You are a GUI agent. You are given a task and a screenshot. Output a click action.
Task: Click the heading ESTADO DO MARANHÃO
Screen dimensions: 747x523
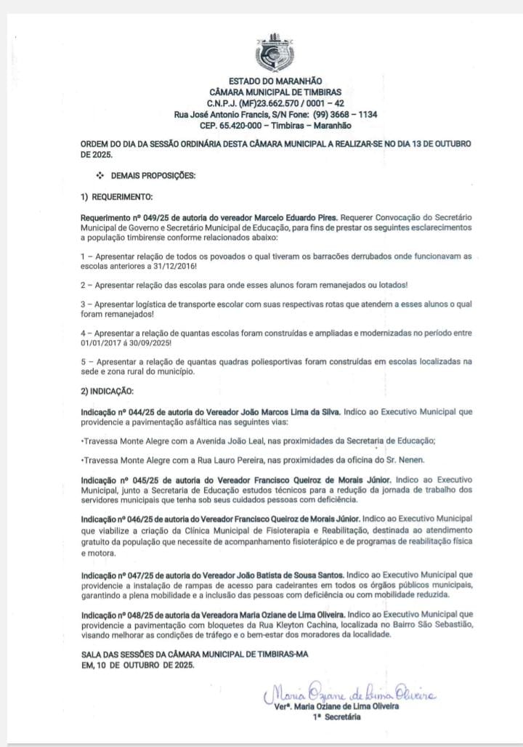coord(275,81)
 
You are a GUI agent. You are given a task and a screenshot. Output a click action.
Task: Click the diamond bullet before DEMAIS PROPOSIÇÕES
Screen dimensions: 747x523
coord(100,176)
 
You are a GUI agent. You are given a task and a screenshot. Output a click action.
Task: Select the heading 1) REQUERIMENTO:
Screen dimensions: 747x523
coord(116,197)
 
